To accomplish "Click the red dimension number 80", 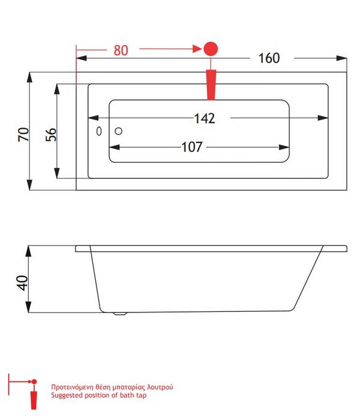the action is tap(121, 50).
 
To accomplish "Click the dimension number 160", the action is tap(269, 58).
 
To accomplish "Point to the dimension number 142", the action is tap(205, 119).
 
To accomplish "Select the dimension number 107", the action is tap(192, 147).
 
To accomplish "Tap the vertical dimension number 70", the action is tap(23, 135).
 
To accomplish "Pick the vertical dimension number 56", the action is tap(51, 135).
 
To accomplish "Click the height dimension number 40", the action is tap(22, 283).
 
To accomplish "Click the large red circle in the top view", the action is tap(211, 49).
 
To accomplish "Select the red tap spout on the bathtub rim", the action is tap(211, 85).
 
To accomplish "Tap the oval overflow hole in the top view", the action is tap(99, 131).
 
